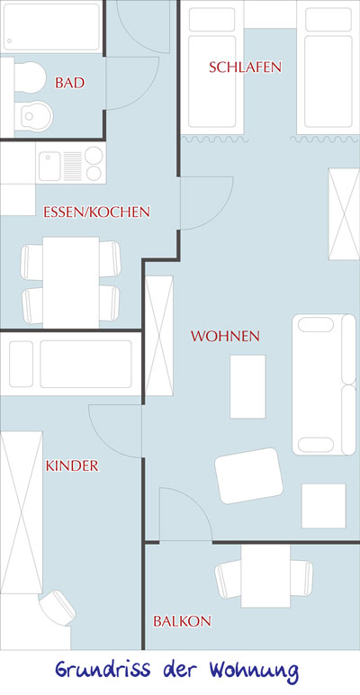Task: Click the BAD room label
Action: pyautogui.click(x=69, y=83)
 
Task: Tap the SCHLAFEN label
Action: pyautogui.click(x=245, y=67)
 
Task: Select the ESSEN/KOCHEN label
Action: pyautogui.click(x=96, y=212)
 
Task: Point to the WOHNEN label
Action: pyautogui.click(x=225, y=336)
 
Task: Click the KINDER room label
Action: pyautogui.click(x=72, y=465)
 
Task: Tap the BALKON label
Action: pyautogui.click(x=182, y=621)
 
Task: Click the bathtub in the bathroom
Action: pyautogui.click(x=51, y=27)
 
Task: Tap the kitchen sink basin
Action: pyautogui.click(x=49, y=166)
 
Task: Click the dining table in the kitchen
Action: pyautogui.click(x=71, y=283)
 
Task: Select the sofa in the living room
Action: pyautogui.click(x=324, y=384)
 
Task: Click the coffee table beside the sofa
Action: pyautogui.click(x=247, y=386)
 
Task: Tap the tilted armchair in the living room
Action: pyautogui.click(x=248, y=475)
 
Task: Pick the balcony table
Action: pyautogui.click(x=265, y=576)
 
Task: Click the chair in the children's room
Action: pyautogui.click(x=58, y=608)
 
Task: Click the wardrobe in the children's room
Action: pyautogui.click(x=22, y=512)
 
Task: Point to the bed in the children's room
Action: pyautogui.click(x=70, y=364)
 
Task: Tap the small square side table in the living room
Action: pyautogui.click(x=324, y=506)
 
